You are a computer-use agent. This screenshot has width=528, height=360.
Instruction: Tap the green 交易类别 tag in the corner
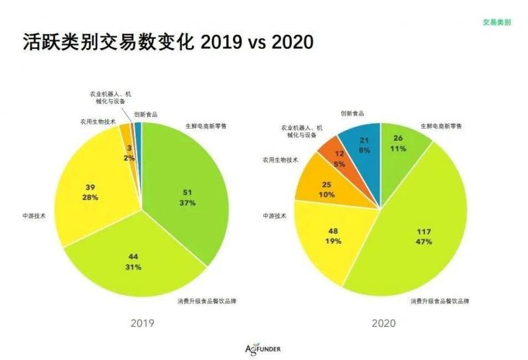point(496,22)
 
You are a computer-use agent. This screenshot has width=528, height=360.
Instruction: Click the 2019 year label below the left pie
point(142,324)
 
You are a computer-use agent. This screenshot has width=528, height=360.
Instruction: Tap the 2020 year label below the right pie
point(383,324)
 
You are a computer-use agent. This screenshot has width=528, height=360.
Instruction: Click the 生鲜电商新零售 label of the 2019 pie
point(207,126)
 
